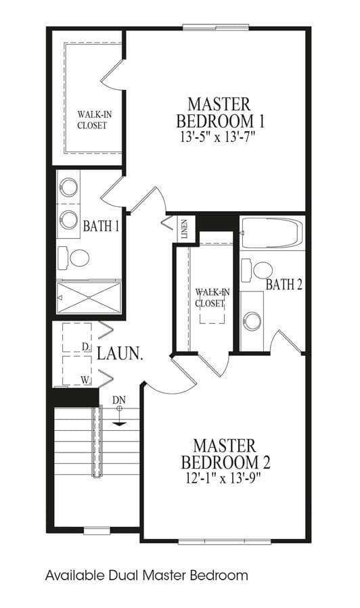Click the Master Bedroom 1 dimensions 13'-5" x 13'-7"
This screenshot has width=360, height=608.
219,137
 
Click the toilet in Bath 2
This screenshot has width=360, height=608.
256,269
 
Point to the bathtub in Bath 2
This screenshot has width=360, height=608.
272,233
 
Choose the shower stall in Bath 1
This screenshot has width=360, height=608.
89,298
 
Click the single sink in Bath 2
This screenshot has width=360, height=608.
252,321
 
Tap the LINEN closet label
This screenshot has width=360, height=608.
184,229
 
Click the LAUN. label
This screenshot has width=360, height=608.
120,354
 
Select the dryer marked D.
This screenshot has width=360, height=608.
77,337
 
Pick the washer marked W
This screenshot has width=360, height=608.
77,371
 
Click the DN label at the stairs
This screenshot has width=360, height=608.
119,400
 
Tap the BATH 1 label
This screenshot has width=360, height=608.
101,226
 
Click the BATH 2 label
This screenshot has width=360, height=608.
284,285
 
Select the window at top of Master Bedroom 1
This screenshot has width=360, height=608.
216,27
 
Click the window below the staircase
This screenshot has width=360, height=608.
97,530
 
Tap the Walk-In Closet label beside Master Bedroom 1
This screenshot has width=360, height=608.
92,120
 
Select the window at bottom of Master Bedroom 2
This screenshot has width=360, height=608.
225,541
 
